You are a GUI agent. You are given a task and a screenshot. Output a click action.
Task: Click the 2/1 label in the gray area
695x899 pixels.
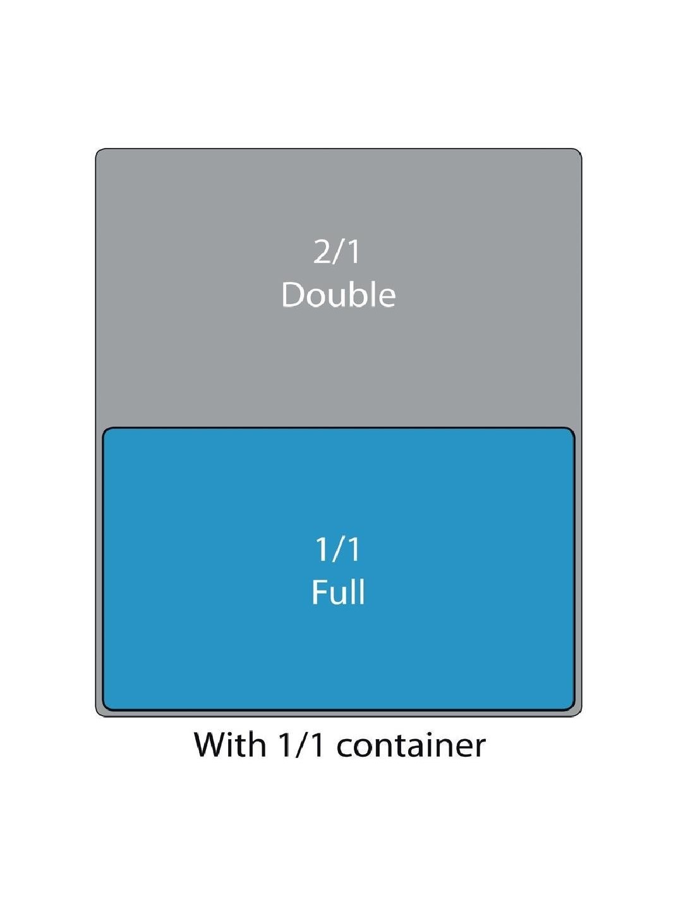point(337,252)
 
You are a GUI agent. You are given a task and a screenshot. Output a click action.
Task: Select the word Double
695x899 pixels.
point(339,295)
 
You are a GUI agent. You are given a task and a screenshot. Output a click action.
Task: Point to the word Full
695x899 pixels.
point(338,592)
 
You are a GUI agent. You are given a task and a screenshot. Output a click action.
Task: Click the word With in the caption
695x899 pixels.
point(230,744)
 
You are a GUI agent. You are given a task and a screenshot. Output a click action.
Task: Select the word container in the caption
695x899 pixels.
point(411,745)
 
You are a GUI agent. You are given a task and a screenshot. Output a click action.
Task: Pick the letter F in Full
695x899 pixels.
point(318,592)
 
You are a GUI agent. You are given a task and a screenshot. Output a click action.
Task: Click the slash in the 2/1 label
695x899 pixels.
point(338,252)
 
